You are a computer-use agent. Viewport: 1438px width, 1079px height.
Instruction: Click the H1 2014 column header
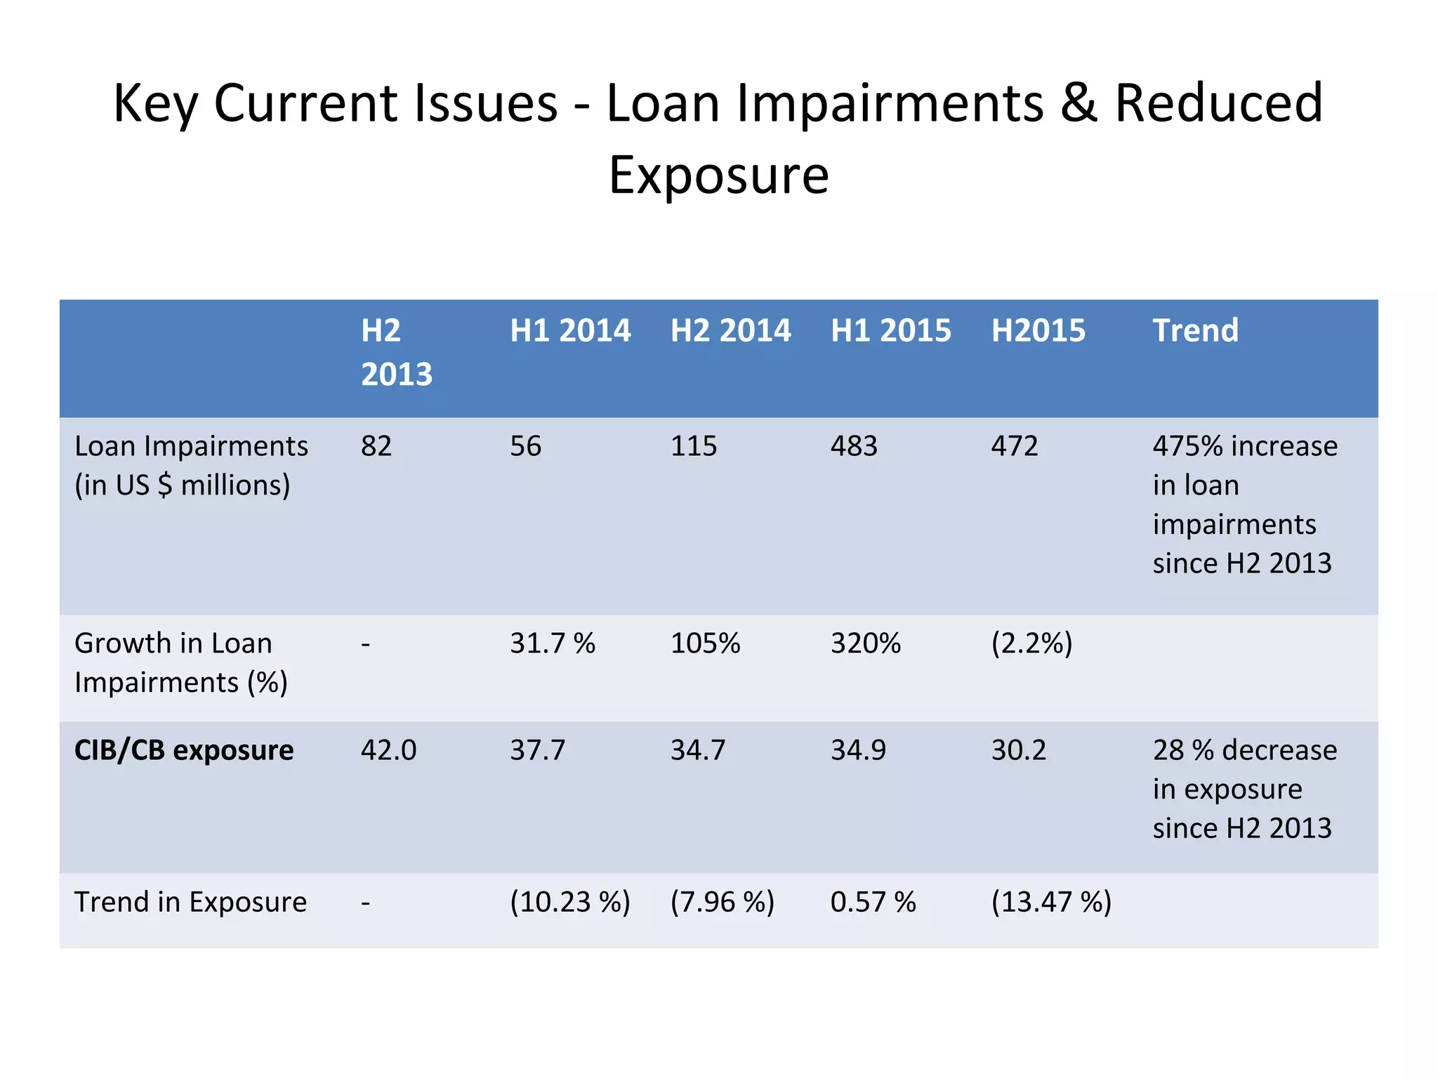point(570,331)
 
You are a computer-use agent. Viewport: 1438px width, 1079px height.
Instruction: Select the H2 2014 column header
point(730,331)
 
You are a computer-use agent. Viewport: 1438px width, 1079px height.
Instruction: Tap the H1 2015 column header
point(890,331)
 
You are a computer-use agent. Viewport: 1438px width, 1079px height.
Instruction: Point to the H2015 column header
point(1038,331)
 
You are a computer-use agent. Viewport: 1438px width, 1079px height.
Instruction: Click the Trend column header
point(1195,331)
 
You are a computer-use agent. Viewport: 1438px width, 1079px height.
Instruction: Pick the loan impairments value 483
point(854,447)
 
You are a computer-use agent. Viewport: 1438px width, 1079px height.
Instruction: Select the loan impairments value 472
point(1014,447)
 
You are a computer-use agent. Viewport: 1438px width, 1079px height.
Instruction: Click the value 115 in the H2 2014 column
point(694,447)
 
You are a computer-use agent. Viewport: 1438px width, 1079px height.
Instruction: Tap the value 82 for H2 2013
point(376,447)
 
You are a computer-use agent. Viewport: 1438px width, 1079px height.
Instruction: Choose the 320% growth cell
point(865,643)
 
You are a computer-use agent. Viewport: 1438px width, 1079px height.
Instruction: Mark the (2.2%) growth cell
point(1031,643)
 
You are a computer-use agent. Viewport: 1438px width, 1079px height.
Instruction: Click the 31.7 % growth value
point(553,643)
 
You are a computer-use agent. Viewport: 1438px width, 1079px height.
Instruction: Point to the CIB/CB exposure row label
point(184,751)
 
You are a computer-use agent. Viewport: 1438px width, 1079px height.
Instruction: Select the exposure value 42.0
point(388,751)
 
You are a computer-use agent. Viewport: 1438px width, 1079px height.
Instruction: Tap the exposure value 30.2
point(1019,751)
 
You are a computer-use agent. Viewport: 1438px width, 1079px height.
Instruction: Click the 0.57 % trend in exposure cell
point(873,903)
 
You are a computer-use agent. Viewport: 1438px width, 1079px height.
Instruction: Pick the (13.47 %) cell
point(1051,903)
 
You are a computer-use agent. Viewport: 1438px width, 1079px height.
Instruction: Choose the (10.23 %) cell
point(570,903)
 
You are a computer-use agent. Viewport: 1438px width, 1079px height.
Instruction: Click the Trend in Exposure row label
point(190,903)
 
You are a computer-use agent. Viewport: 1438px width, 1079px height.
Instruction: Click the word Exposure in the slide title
point(718,176)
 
